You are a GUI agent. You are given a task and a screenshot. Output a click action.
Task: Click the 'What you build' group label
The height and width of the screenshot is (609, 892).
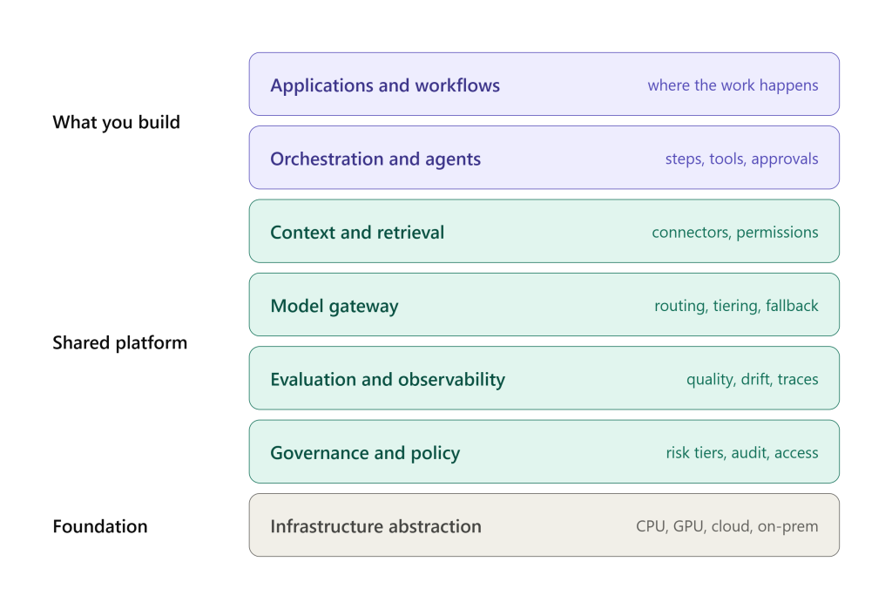(x=116, y=122)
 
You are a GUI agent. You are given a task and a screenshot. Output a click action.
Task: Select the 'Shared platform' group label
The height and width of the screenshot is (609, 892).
(x=120, y=342)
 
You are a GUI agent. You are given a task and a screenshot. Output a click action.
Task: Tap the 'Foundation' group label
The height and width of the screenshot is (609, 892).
(x=100, y=526)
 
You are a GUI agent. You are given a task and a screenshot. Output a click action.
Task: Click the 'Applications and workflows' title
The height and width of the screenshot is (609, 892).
(x=385, y=85)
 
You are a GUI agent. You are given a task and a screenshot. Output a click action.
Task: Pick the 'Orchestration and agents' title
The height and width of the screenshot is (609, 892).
(x=375, y=159)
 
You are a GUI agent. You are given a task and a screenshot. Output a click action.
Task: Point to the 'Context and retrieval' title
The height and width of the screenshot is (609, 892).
(x=357, y=233)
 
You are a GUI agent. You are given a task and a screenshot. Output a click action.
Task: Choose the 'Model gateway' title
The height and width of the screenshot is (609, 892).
(x=334, y=306)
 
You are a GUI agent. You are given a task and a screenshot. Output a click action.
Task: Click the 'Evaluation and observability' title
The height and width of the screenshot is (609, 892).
(x=388, y=380)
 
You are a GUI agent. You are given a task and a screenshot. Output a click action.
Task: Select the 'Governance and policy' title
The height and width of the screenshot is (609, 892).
(x=365, y=453)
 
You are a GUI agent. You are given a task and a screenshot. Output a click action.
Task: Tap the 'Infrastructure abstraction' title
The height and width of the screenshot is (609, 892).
(x=376, y=526)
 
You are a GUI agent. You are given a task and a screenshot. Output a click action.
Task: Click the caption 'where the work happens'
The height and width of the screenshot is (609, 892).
(x=733, y=85)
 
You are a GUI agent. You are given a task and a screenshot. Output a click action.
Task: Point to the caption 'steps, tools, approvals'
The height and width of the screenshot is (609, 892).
(x=742, y=159)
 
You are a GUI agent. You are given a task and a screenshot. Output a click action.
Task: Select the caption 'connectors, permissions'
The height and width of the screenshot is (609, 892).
(x=735, y=233)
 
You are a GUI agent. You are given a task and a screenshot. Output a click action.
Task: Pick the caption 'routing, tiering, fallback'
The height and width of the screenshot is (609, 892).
(x=736, y=306)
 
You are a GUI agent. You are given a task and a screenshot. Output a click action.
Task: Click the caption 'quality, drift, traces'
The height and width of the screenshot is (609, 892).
(x=752, y=379)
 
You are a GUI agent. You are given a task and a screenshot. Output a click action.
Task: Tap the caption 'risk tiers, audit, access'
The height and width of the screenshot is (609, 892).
(x=742, y=452)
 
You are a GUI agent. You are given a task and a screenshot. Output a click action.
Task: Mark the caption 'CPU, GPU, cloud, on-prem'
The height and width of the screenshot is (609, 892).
(x=727, y=526)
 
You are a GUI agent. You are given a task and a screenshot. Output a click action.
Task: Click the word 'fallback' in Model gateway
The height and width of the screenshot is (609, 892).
(x=792, y=306)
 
